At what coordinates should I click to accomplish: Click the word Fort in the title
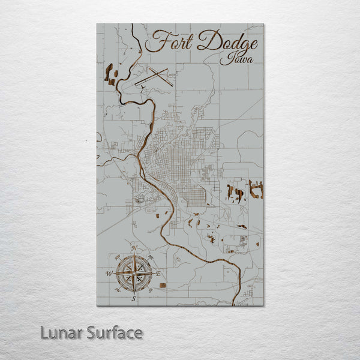tap(167, 43)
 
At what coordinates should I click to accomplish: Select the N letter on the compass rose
tap(135, 248)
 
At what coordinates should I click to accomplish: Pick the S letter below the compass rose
tap(134, 298)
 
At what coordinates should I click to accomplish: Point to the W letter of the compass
tap(109, 273)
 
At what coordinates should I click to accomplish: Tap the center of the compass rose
tap(134, 273)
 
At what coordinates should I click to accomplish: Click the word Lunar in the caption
tap(58, 333)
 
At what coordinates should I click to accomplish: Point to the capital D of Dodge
tap(208, 42)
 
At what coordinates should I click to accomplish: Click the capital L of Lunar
tap(44, 333)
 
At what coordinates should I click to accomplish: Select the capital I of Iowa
tap(224, 59)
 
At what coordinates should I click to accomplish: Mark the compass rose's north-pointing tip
tap(134, 254)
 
